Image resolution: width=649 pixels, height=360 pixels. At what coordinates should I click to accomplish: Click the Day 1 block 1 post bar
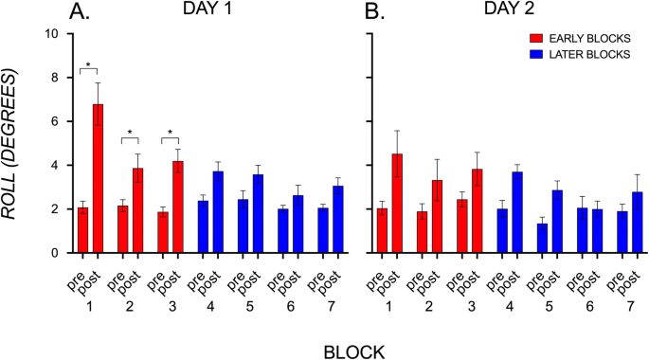[x=98, y=179]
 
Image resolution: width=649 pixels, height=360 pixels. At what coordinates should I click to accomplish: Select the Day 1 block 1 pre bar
[x=83, y=230]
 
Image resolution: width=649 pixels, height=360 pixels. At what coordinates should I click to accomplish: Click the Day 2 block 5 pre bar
[x=542, y=238]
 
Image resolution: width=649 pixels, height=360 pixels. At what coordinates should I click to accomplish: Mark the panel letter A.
[x=80, y=11]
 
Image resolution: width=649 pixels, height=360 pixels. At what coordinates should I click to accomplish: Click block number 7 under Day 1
[x=331, y=309]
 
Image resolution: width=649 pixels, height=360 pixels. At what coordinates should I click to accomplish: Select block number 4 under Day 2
[x=510, y=309]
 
